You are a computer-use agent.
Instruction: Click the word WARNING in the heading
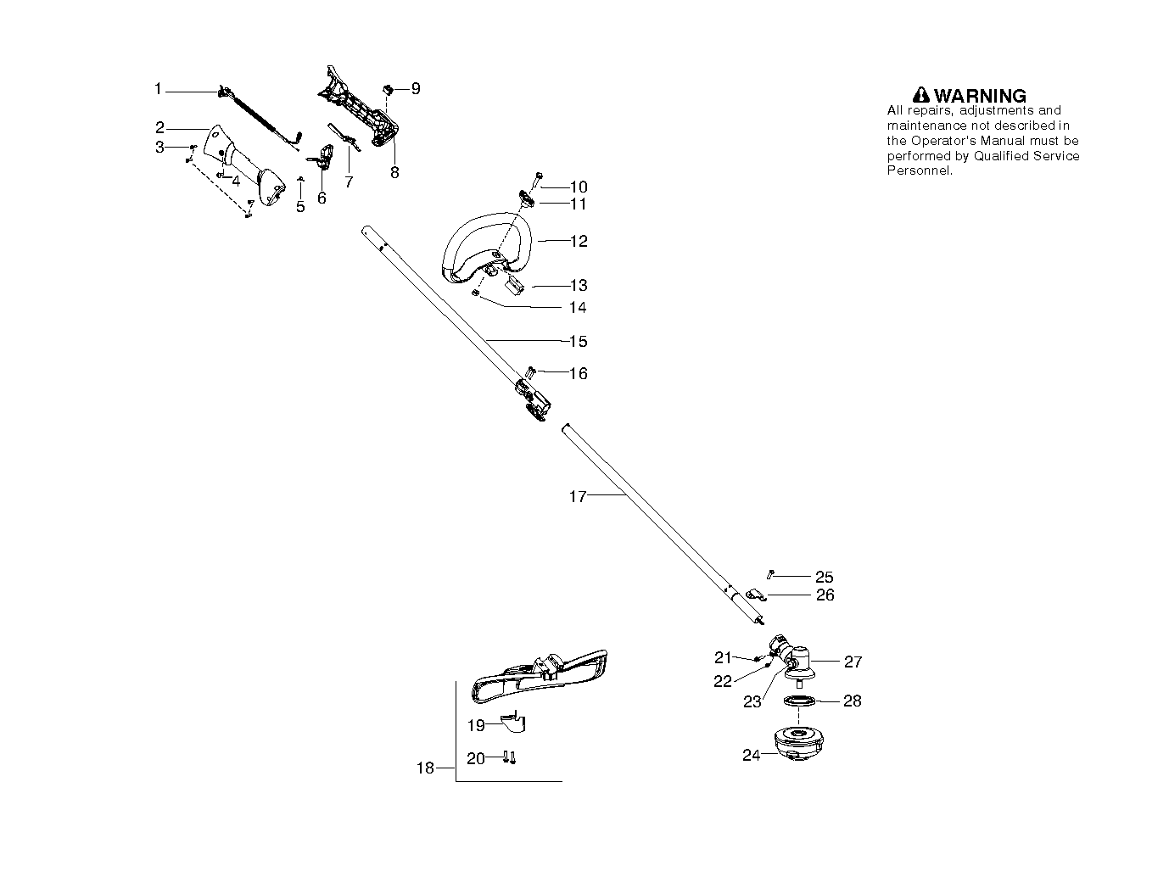pyautogui.click(x=980, y=96)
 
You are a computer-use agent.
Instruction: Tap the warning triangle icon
pyautogui.click(x=920, y=95)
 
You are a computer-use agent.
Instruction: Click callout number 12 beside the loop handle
pyautogui.click(x=579, y=241)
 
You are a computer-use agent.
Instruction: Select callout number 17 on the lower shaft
pyautogui.click(x=578, y=496)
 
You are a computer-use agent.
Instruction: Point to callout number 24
pyautogui.click(x=751, y=755)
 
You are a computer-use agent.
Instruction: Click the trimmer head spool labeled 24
pyautogui.click(x=798, y=744)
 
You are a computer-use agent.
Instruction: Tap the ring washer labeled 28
pyautogui.click(x=799, y=701)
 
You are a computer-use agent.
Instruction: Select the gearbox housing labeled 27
pyautogui.click(x=793, y=661)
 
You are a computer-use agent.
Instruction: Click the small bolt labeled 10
pyautogui.click(x=537, y=180)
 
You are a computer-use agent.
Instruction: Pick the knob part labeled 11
pyautogui.click(x=526, y=199)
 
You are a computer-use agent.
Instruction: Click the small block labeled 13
pyautogui.click(x=514, y=285)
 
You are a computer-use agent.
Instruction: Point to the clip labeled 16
pyautogui.click(x=530, y=371)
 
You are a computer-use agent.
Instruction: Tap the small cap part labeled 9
pyautogui.click(x=389, y=88)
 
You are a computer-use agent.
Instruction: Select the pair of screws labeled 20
pyautogui.click(x=509, y=757)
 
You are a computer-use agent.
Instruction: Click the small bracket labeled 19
pyautogui.click(x=514, y=723)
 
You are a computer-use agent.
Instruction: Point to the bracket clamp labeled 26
pyautogui.click(x=756, y=595)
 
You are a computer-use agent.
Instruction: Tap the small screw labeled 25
pyautogui.click(x=770, y=574)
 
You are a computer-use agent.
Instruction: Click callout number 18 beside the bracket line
pyautogui.click(x=425, y=768)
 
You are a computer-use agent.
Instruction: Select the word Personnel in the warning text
pyautogui.click(x=919, y=170)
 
